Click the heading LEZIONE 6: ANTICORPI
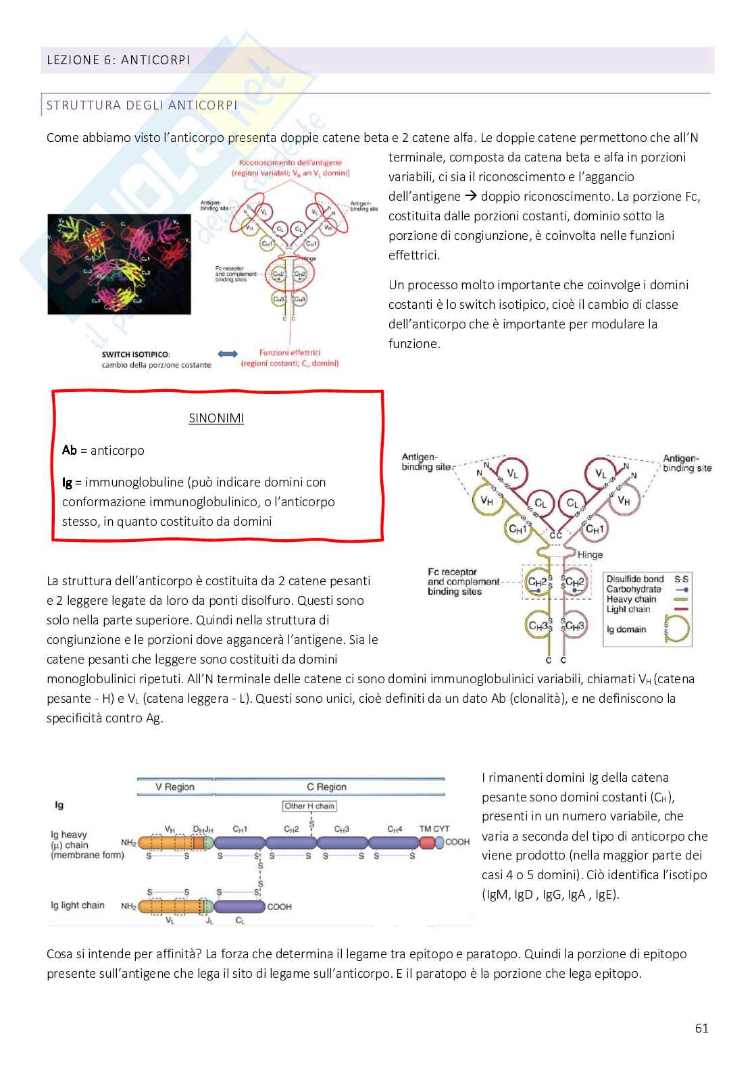(x=118, y=60)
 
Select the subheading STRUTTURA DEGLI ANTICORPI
(x=141, y=105)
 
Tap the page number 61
(x=701, y=1028)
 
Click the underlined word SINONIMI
(x=216, y=418)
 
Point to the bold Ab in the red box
(x=69, y=450)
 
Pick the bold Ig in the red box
(x=67, y=482)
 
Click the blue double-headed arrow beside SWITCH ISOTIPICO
(x=228, y=354)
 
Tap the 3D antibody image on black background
(x=119, y=264)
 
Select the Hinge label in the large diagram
(x=590, y=555)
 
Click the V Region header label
(x=174, y=787)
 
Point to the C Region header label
(x=326, y=787)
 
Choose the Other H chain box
(x=309, y=805)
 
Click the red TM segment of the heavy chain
(x=426, y=843)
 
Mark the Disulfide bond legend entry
(x=635, y=579)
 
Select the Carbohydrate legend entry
(x=634, y=589)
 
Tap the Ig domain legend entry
(x=626, y=629)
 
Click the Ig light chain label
(x=78, y=905)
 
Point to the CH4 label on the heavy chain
(x=395, y=829)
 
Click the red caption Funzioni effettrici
(x=290, y=353)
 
